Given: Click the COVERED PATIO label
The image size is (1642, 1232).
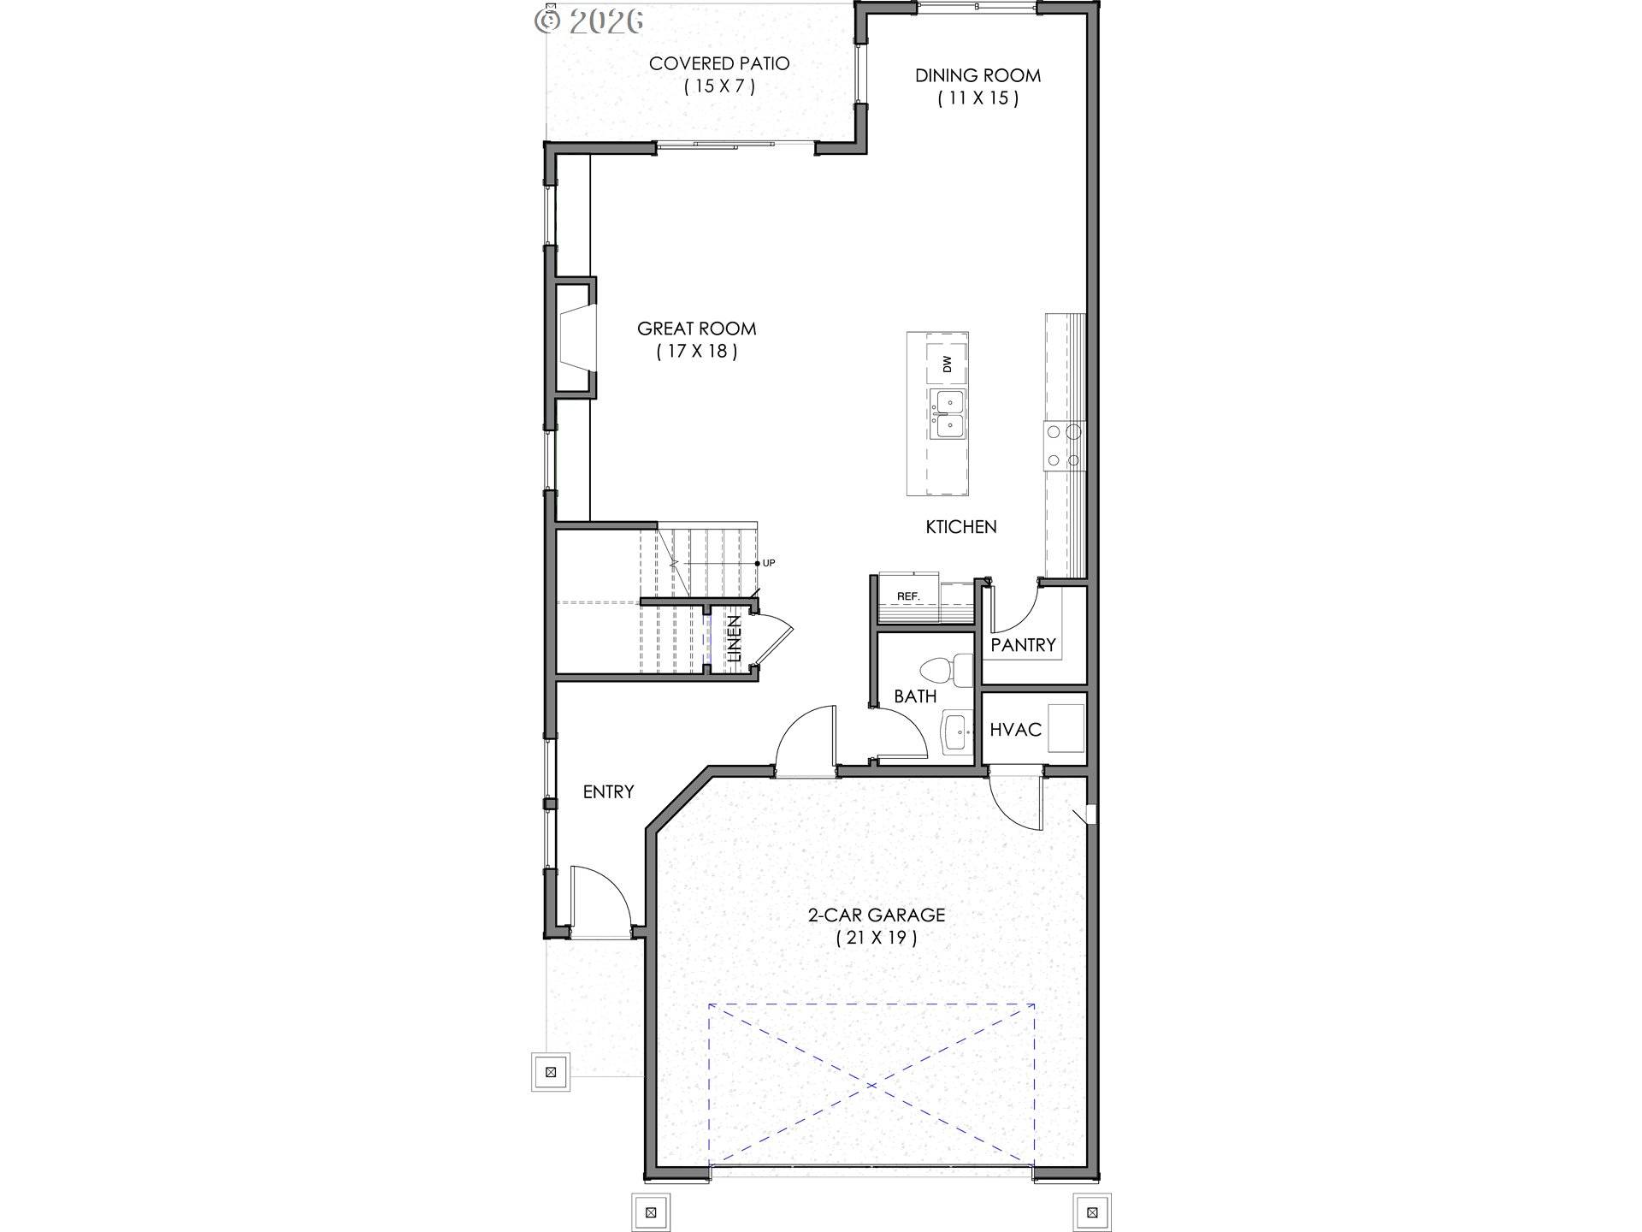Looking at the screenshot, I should [718, 63].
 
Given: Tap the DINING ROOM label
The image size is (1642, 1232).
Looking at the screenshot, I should [978, 75].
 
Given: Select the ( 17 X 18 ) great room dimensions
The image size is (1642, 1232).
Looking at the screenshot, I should [696, 351].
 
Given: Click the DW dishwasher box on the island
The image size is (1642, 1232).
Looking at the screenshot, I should [948, 364].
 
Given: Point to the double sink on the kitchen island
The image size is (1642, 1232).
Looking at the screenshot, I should [948, 413].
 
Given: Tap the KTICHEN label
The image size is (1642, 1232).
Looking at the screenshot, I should [960, 527].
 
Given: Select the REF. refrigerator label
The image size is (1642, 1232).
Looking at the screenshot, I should [907, 596].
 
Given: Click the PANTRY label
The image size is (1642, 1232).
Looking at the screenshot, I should [1023, 645].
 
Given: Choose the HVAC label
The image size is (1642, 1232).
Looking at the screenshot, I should [1015, 730].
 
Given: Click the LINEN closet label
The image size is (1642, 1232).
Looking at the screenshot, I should [734, 638].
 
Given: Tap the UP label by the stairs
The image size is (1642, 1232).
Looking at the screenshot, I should [768, 563].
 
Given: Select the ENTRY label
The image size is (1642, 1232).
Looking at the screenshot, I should [608, 792].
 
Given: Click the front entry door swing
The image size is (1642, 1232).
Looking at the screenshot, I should [599, 898].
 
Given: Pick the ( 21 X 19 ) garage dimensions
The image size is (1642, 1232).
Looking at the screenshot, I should [876, 938].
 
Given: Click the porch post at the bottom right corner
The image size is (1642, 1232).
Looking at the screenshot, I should [1091, 1212].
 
